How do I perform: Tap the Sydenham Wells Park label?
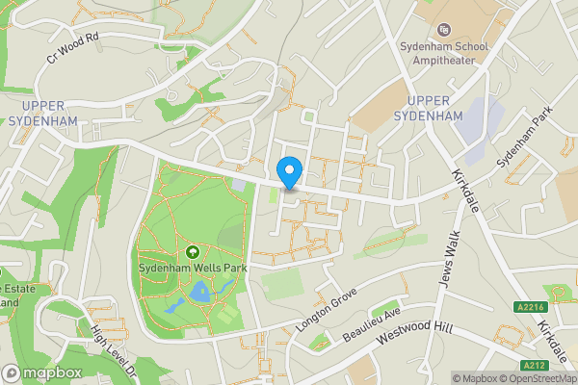[191, 268]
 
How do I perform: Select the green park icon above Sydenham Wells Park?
[191, 252]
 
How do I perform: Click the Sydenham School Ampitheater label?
[445, 52]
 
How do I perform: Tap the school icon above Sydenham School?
[445, 30]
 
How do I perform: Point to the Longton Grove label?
[328, 309]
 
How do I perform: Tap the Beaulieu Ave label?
[371, 327]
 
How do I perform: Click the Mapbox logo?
[41, 372]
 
